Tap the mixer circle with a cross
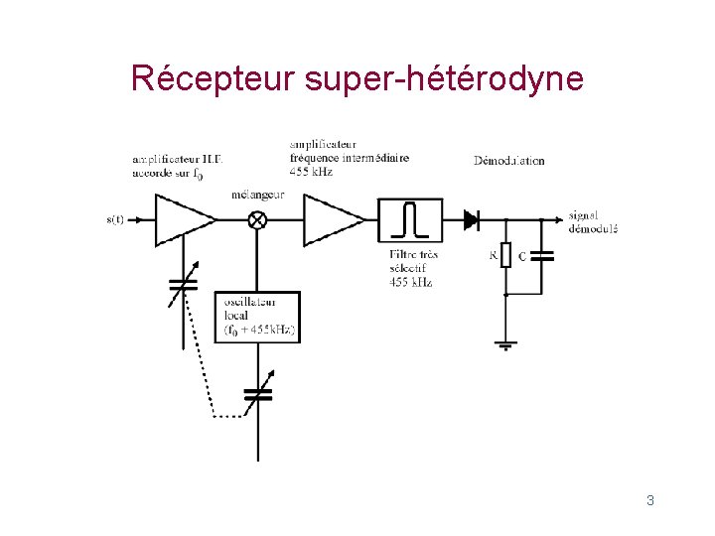pyautogui.click(x=256, y=220)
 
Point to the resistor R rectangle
pyautogui.click(x=506, y=256)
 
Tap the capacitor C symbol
pyautogui.click(x=542, y=256)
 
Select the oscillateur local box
pyautogui.click(x=257, y=318)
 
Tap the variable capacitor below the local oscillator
pyautogui.click(x=257, y=394)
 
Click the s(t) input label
pyautogui.click(x=114, y=220)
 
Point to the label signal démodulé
pyautogui.click(x=593, y=221)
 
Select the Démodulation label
pyautogui.click(x=509, y=160)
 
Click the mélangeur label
pyautogui.click(x=257, y=195)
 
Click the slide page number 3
pyautogui.click(x=649, y=500)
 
